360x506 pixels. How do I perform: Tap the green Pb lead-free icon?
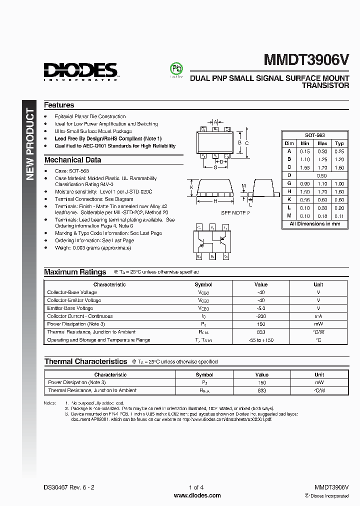click(176, 69)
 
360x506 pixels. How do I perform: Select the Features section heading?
click(59, 105)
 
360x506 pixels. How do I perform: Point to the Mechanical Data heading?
click(72, 160)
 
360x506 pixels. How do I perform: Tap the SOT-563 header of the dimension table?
click(315, 135)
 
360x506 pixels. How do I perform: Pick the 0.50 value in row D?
click(322, 175)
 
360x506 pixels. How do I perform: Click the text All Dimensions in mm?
click(315, 223)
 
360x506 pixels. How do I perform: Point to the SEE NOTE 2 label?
click(235, 212)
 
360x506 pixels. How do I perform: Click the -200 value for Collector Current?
click(261, 316)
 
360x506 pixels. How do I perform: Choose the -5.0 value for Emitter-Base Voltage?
click(261, 308)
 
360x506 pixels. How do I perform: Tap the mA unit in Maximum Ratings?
click(318, 316)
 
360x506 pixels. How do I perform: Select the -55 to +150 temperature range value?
click(261, 340)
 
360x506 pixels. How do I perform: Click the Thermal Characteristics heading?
click(85, 361)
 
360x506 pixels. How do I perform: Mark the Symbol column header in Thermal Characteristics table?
click(204, 374)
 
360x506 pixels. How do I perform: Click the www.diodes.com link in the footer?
click(197, 495)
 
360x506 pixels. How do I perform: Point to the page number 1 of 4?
click(196, 487)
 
